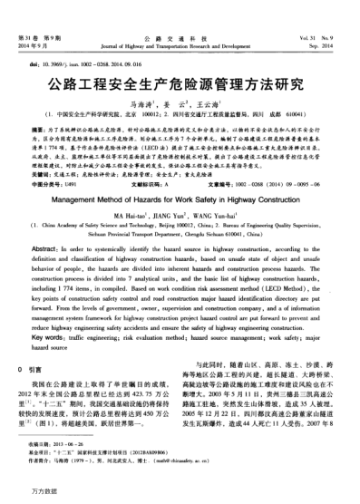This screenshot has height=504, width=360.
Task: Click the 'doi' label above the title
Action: coord(34,66)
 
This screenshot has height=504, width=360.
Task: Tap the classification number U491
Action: coord(82,183)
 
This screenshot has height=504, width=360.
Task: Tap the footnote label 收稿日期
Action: coord(42,459)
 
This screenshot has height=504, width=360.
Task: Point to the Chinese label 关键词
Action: coord(40,175)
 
